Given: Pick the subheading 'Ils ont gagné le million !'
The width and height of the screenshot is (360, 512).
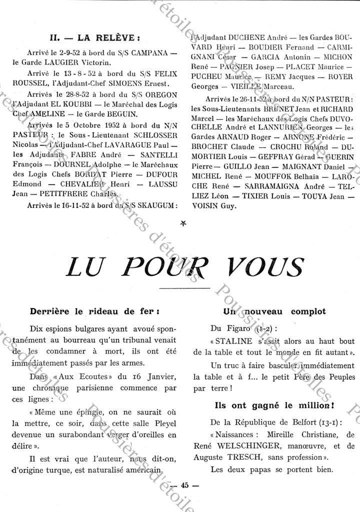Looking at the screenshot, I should coord(274,405).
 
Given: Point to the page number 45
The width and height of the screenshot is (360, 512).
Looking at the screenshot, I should coord(184,485).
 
